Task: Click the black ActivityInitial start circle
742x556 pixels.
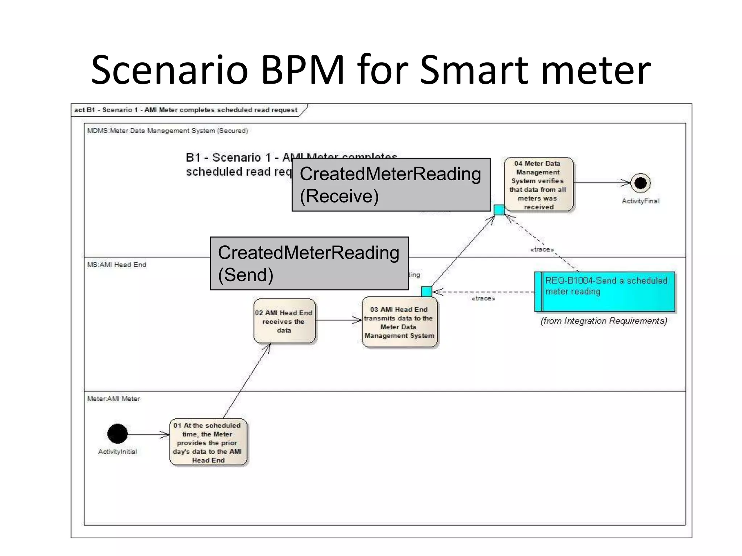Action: click(x=117, y=434)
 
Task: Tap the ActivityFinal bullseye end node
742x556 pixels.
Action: click(x=640, y=183)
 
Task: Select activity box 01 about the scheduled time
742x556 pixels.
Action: click(x=208, y=442)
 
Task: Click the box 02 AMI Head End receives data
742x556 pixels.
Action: click(x=284, y=321)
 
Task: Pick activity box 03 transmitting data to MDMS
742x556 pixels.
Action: click(x=399, y=322)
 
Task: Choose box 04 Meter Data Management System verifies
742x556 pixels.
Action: click(x=538, y=185)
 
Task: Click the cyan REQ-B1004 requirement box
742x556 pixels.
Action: click(x=605, y=291)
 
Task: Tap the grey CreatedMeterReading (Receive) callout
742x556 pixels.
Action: click(x=391, y=185)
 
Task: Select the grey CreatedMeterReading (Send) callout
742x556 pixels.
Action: click(x=309, y=264)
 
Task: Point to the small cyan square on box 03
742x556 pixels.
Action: click(x=427, y=291)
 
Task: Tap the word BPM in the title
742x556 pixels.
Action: click(x=302, y=69)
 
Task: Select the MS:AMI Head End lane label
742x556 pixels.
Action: click(x=117, y=265)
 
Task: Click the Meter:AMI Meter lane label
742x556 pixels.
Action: click(x=113, y=399)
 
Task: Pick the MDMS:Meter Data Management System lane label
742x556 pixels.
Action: click(x=167, y=131)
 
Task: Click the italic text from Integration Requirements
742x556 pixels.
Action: click(x=604, y=321)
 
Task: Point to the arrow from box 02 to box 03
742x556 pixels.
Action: click(x=338, y=320)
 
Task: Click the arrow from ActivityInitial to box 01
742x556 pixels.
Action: click(x=149, y=434)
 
